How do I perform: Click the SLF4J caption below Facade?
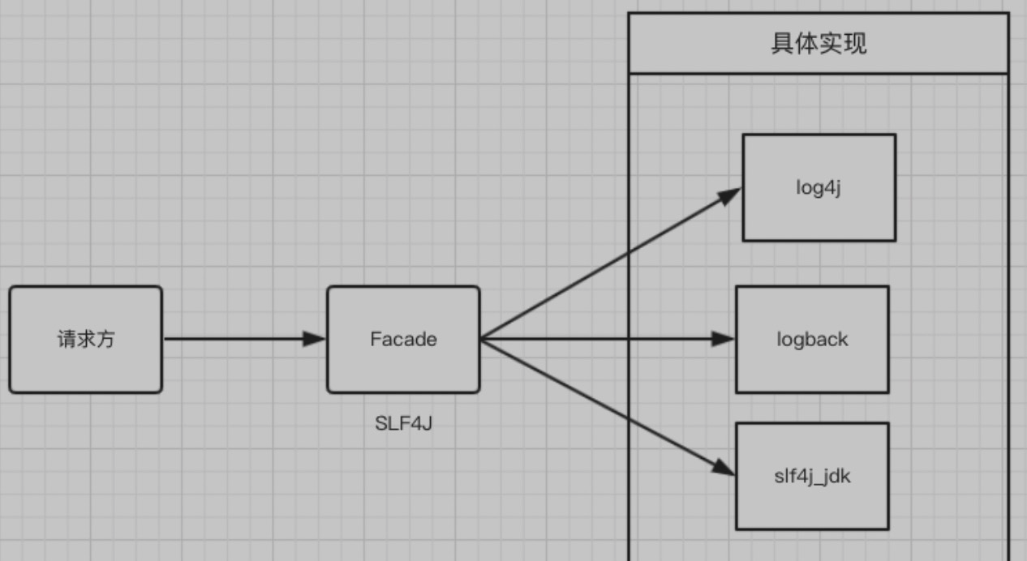tap(403, 422)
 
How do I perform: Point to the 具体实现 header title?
tap(819, 44)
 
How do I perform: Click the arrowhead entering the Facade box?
tap(315, 339)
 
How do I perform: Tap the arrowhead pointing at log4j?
tap(730, 194)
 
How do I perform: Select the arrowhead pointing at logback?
tap(724, 339)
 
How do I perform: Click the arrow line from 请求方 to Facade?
tap(235, 339)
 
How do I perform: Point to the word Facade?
tap(403, 339)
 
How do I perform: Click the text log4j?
tap(819, 187)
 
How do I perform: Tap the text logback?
tap(812, 339)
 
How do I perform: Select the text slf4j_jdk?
tap(812, 476)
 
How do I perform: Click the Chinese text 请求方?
tap(85, 339)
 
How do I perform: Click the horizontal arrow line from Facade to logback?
tap(600, 339)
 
